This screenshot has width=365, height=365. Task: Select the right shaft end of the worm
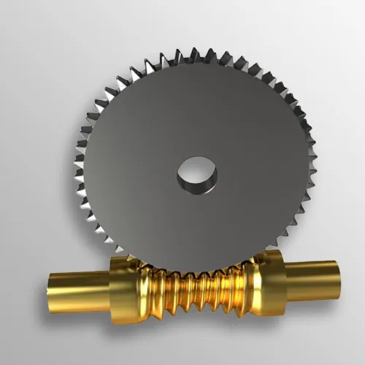(314, 277)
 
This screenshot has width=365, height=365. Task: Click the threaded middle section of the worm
(197, 288)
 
